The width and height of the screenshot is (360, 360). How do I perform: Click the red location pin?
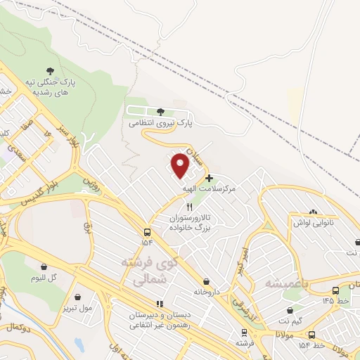(180, 165)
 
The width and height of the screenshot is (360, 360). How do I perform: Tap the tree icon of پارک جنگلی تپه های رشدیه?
(50, 70)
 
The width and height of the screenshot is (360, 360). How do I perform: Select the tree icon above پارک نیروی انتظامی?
(161, 112)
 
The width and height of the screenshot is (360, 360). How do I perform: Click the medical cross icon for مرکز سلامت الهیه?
(209, 179)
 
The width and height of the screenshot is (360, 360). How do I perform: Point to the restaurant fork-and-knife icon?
(188, 207)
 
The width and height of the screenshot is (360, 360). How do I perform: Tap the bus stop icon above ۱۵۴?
(147, 232)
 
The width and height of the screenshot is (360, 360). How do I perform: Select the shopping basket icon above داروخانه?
(206, 281)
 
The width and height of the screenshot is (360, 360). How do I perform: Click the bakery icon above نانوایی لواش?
(313, 212)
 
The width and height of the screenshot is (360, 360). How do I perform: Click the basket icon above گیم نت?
(290, 310)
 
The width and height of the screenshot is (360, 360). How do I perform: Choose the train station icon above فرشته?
(244, 333)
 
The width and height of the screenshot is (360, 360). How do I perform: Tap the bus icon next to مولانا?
(312, 335)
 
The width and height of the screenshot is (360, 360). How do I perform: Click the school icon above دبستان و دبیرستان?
(159, 304)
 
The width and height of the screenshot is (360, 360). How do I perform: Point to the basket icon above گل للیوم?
(44, 266)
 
